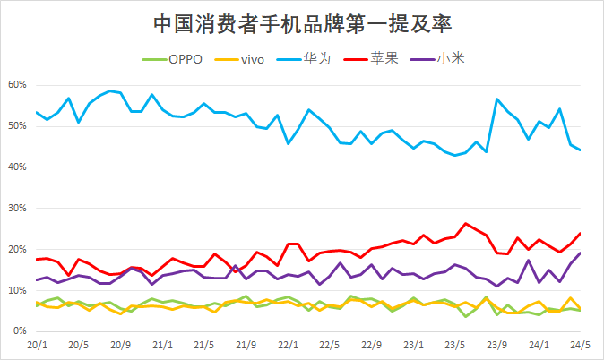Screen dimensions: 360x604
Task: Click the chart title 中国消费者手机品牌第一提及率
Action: (302, 21)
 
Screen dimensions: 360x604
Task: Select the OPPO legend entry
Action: (186, 59)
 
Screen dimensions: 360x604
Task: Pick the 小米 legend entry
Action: (449, 59)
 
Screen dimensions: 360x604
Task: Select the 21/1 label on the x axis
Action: (162, 344)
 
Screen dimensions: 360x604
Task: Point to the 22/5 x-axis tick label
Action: (330, 344)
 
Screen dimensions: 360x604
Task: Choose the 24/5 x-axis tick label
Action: (580, 344)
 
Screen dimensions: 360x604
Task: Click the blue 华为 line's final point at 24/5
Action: (580, 150)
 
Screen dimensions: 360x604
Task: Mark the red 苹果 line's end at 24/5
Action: (580, 233)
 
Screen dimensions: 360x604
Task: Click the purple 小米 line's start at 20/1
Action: (37, 280)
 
